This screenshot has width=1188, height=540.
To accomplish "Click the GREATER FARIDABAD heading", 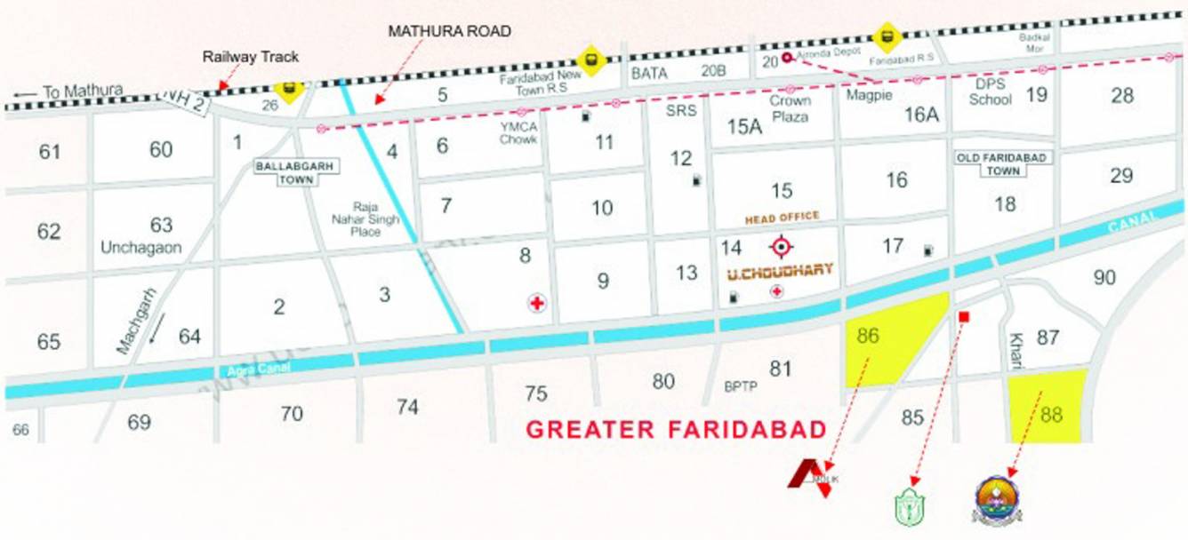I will (676, 430).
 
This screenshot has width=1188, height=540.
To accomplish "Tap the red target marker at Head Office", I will (782, 247).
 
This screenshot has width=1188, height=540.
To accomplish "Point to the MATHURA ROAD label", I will (450, 31).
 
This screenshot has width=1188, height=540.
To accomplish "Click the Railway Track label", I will (251, 57).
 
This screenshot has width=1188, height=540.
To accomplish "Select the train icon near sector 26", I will (287, 90).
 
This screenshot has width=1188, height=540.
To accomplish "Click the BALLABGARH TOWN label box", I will (280, 172).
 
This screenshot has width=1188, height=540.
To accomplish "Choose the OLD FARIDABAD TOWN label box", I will (1003, 163).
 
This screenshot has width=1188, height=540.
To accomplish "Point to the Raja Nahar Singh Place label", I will (365, 218).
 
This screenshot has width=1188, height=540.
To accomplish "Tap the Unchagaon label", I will (140, 248).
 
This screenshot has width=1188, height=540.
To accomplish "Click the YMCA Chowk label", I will (518, 133).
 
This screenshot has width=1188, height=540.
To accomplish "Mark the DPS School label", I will (990, 91).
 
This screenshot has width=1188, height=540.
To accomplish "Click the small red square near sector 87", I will (962, 317).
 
